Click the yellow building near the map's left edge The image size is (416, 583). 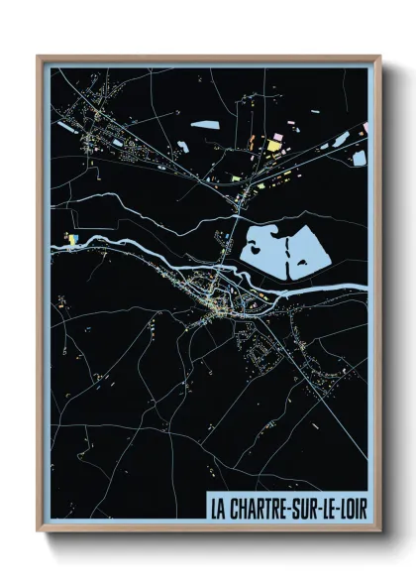click(x=71, y=237)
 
